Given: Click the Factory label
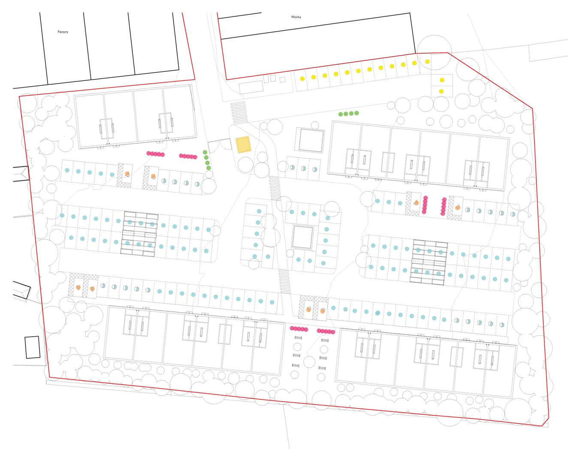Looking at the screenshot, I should point(63,32).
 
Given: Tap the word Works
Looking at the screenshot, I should point(296,17).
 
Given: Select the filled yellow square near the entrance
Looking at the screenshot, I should point(243,144).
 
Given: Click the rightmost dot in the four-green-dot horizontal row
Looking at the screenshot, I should point(357,113).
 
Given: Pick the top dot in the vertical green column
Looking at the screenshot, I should point(205,152).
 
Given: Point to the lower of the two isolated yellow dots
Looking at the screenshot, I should point(441,91).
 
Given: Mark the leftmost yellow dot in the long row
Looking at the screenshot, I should point(302,78).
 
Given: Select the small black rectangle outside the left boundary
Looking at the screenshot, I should point(32,347).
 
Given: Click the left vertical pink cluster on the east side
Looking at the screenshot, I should point(425,205).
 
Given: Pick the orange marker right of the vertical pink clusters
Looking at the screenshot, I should point(458,207).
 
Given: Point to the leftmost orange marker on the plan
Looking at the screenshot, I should point(79,287).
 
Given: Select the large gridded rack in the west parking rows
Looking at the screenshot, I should point(139,234).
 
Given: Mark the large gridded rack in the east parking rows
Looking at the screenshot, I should point(429,262).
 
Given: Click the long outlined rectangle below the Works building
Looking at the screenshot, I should point(251,87).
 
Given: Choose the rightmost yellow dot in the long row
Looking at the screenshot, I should point(427,62).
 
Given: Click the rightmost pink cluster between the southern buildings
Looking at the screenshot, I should point(326,331).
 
